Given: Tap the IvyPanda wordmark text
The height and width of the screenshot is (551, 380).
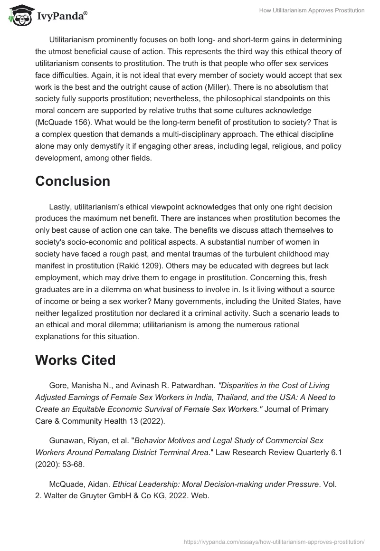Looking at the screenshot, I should (x=62, y=17).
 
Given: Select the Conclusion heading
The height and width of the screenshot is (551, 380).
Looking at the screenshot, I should (x=73, y=181).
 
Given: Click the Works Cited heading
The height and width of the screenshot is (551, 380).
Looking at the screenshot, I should (x=75, y=360).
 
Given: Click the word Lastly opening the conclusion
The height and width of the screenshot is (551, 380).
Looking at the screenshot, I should (x=61, y=207).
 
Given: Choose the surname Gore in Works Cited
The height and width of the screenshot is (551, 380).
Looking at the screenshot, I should (x=57, y=385).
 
